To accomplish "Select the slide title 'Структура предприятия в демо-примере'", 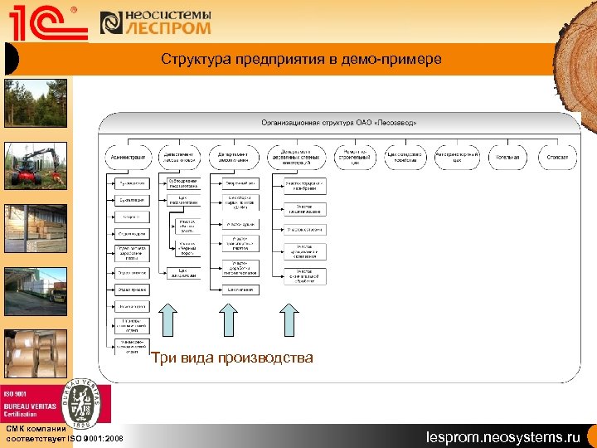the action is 301,60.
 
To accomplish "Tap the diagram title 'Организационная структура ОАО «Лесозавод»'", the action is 339,122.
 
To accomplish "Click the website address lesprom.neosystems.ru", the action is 503,436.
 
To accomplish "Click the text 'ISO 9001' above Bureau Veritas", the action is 17,393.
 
